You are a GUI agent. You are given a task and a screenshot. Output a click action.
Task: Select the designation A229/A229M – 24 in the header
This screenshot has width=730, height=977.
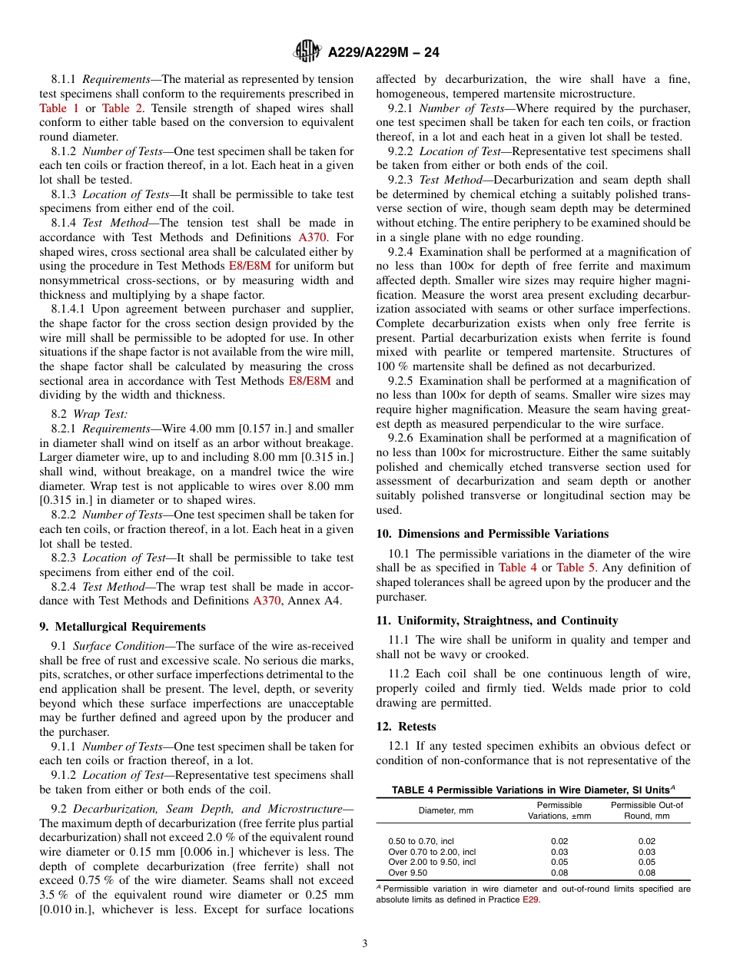pyautogui.click(x=383, y=52)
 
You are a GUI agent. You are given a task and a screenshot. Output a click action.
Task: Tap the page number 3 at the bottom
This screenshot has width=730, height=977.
pyautogui.click(x=365, y=943)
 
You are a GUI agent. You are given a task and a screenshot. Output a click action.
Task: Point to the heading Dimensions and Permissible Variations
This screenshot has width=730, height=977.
pyautogui.click(x=492, y=534)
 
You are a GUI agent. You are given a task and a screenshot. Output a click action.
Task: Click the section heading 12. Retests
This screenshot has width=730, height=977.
pyautogui.click(x=406, y=727)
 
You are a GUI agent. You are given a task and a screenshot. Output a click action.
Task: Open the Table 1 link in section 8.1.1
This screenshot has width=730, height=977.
pyautogui.click(x=58, y=108)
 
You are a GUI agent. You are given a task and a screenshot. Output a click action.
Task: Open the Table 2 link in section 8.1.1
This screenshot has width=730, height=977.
pyautogui.click(x=116, y=108)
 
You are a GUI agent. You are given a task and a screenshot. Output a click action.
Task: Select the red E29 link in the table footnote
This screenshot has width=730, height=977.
pyautogui.click(x=530, y=899)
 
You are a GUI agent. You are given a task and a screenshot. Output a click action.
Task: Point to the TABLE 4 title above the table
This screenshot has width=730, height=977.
pyautogui.click(x=533, y=790)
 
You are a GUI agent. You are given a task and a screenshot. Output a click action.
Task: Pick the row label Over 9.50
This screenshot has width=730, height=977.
pyautogui.click(x=407, y=873)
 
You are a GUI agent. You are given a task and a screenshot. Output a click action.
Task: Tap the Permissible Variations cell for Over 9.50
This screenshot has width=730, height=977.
pyautogui.click(x=559, y=873)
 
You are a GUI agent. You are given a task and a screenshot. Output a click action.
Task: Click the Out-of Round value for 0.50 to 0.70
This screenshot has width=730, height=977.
pyautogui.click(x=646, y=841)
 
